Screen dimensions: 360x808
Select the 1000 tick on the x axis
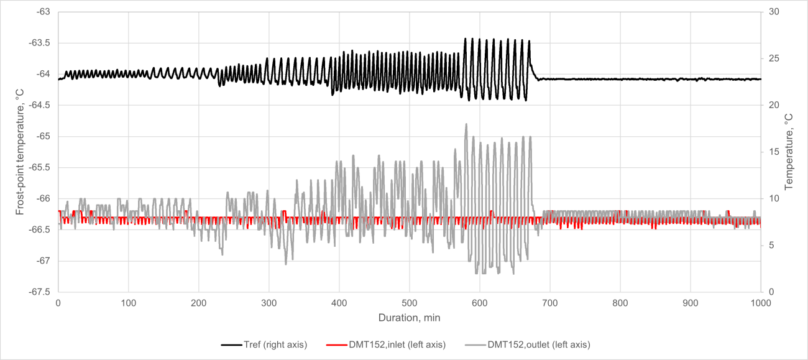click(x=761, y=303)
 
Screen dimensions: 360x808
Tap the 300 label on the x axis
click(x=269, y=303)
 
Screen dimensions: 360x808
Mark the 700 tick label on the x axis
click(x=550, y=303)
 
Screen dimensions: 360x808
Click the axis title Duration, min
click(x=410, y=318)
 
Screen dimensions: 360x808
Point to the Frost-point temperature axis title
click(x=20, y=152)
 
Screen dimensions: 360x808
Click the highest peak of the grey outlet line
click(x=466, y=124)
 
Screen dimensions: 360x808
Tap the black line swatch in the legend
click(x=231, y=344)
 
